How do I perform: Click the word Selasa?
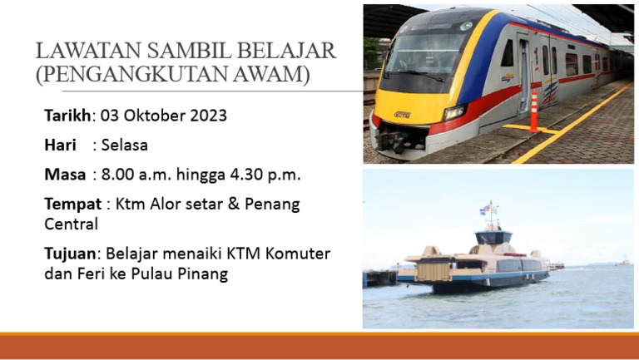[x=124, y=145]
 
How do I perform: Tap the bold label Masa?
[x=65, y=175]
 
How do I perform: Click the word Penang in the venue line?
[x=270, y=204]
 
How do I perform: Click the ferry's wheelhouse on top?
[x=493, y=238]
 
